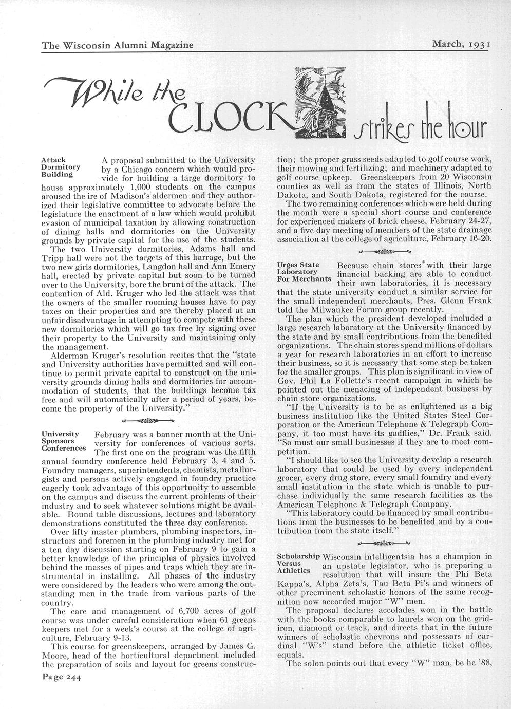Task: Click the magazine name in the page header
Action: [x=118, y=45]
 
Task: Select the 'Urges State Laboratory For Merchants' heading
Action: [x=303, y=272]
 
